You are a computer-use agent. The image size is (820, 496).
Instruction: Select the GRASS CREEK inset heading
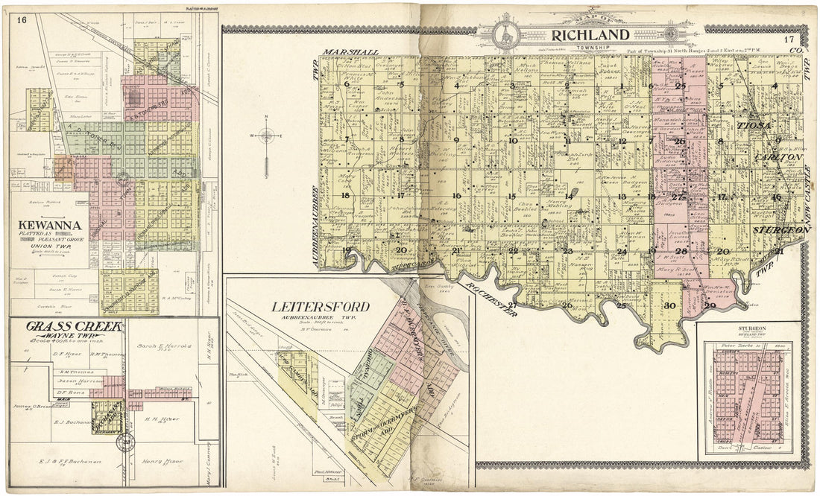[x=58, y=326]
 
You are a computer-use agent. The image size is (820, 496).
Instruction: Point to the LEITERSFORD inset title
[x=321, y=307]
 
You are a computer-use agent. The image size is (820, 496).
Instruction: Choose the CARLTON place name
[x=778, y=158]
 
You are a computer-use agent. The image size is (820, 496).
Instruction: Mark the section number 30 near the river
[x=669, y=306]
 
